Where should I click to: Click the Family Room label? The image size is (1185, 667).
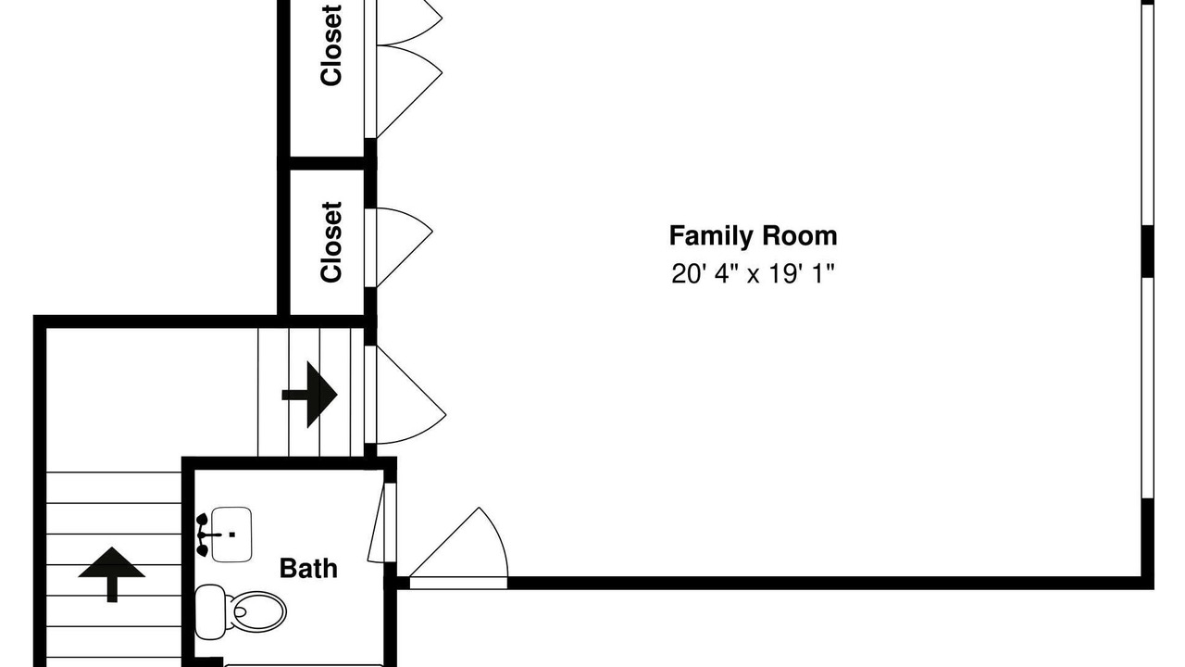(753, 236)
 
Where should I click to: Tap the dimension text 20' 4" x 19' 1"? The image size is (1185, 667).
(753, 274)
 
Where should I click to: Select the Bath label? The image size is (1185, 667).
(308, 569)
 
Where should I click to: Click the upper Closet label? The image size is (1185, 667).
(331, 45)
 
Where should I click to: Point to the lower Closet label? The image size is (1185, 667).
(331, 242)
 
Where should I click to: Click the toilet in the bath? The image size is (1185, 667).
(241, 612)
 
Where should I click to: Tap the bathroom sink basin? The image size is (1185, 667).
(231, 535)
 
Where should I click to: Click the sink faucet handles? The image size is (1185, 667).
(202, 535)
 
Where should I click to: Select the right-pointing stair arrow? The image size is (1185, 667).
(309, 395)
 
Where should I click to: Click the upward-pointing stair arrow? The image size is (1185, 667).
(112, 574)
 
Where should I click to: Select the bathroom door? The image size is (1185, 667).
(376, 522)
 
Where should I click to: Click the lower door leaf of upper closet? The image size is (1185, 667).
(408, 91)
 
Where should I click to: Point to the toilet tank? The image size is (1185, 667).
(209, 612)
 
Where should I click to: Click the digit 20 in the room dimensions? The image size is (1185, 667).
(683, 274)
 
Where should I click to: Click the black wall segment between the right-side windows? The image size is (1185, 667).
(1147, 252)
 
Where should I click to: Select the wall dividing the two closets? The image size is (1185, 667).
(327, 163)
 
